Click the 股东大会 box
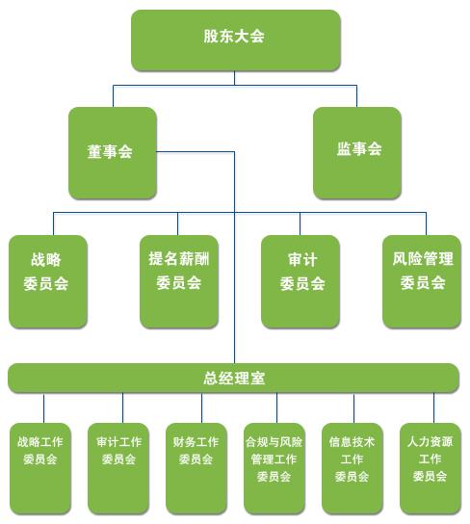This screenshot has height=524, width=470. pyautogui.click(x=236, y=40)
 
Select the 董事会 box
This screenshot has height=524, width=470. pyautogui.click(x=113, y=153)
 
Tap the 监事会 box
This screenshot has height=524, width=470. pyautogui.click(x=357, y=153)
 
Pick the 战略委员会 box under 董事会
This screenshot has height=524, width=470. pyautogui.click(x=48, y=281)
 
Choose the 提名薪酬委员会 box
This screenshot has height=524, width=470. pyautogui.click(x=179, y=281)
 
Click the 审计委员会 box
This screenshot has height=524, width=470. pyautogui.click(x=300, y=281)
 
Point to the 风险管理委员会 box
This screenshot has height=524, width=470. pyautogui.click(x=422, y=281)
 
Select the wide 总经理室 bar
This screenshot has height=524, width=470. pyautogui.click(x=233, y=378)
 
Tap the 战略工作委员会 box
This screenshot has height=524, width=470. pyautogui.click(x=40, y=468)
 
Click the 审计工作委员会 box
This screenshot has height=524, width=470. pyautogui.click(x=118, y=468)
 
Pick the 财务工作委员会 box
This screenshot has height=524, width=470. pyautogui.click(x=196, y=468)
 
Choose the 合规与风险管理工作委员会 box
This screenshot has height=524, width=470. pyautogui.click(x=274, y=468)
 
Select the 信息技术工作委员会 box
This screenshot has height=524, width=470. pyautogui.click(x=352, y=468)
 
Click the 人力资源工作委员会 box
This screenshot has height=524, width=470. pyautogui.click(x=431, y=468)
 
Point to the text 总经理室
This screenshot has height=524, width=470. pyautogui.click(x=234, y=378)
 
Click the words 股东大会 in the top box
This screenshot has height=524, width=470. pyautogui.click(x=234, y=36)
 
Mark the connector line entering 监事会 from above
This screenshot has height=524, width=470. pyautogui.click(x=356, y=96)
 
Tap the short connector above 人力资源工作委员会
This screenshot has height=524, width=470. pyautogui.click(x=433, y=408)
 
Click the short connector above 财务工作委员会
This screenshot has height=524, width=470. pyautogui.click(x=201, y=408)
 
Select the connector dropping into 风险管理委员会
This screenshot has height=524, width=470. pyautogui.click(x=426, y=223)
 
